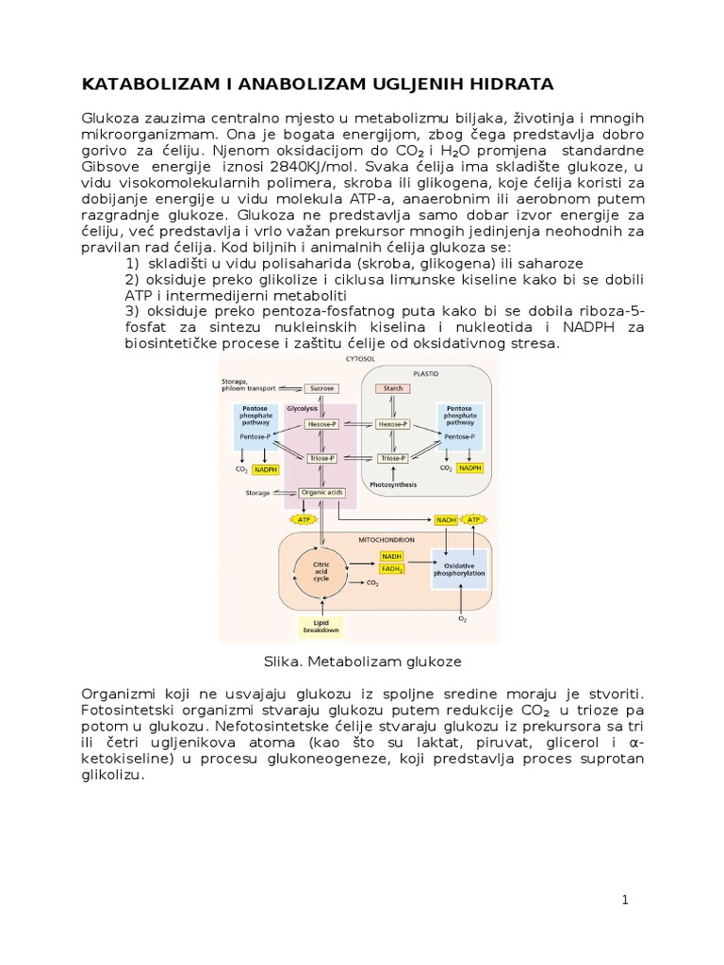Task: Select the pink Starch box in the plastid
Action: pos(392,388)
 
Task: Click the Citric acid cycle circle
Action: pos(321,571)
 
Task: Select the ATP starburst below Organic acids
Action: pos(304,519)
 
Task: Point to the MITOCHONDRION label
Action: pos(386,539)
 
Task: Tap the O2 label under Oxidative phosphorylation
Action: pos(462,619)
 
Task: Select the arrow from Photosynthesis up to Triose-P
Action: pos(392,471)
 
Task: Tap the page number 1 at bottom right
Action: pos(624,900)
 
